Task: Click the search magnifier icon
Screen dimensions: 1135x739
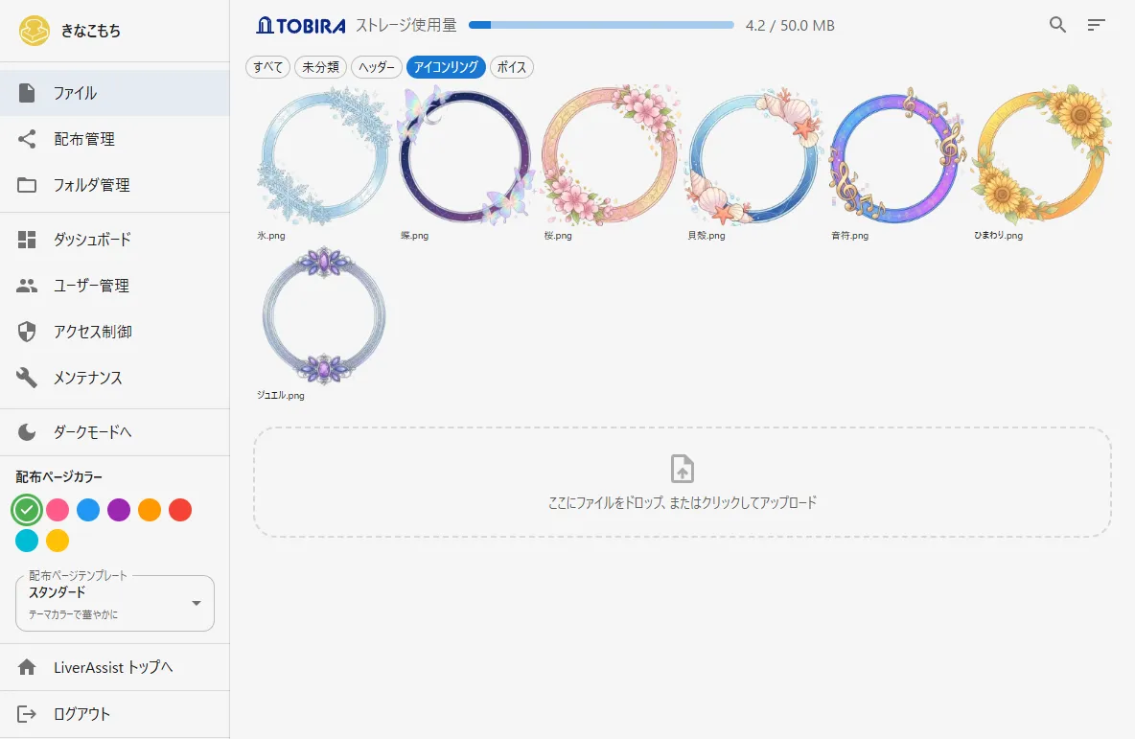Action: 1057,25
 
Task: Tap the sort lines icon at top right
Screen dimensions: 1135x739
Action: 1096,25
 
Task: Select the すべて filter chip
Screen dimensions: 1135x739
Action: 267,67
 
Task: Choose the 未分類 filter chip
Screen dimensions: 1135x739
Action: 321,67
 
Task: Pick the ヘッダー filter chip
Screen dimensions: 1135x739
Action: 377,67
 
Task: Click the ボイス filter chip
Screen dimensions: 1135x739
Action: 512,67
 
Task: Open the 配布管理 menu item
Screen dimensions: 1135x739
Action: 84,139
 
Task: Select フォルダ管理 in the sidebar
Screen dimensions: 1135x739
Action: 91,185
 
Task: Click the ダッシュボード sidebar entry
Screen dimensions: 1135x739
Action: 92,240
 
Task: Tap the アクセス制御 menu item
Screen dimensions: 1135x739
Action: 93,332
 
